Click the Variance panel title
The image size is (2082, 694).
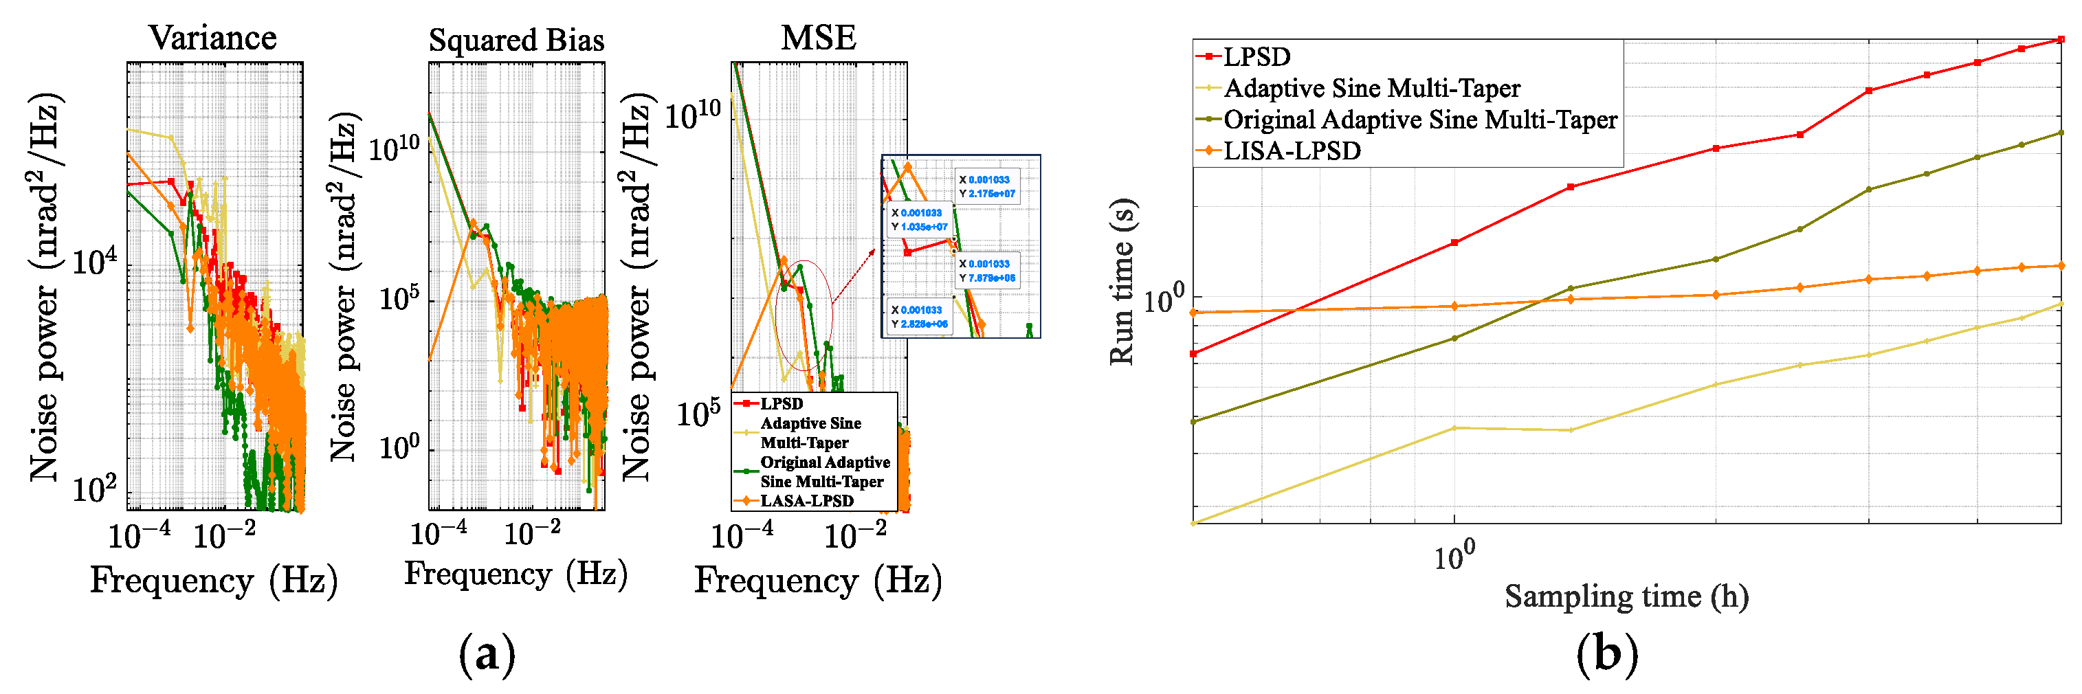click(x=212, y=38)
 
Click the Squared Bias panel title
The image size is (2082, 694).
click(x=516, y=40)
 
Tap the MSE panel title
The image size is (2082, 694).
click(x=818, y=38)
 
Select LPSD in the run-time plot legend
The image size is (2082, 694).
click(x=1256, y=56)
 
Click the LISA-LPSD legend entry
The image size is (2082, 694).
click(x=1291, y=151)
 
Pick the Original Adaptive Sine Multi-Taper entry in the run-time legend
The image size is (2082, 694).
click(x=1419, y=120)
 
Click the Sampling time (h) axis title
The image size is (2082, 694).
click(x=1626, y=596)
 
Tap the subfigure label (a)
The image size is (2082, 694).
click(x=487, y=653)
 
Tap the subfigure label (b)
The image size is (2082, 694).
click(x=1607, y=653)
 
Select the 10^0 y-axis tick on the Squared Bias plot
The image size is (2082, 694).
click(x=399, y=447)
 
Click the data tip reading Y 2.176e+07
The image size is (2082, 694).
click(x=987, y=187)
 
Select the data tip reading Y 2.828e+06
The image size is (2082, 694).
click(x=919, y=317)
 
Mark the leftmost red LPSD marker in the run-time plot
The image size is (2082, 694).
click(x=1194, y=354)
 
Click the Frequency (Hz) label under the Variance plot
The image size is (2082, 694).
click(x=213, y=580)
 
